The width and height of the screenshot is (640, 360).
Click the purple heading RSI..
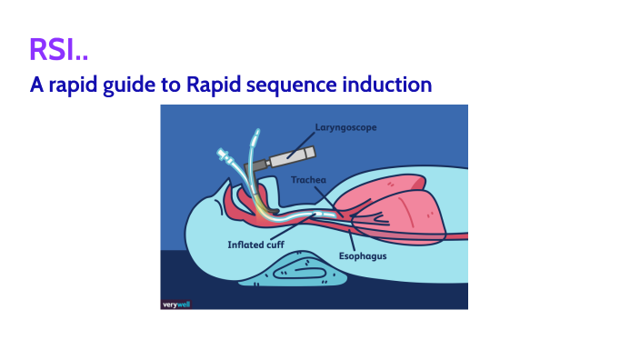[57, 51]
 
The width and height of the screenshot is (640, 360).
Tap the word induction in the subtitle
[391, 85]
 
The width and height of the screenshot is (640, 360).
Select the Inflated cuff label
[257, 245]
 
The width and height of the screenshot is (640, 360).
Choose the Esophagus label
[364, 256]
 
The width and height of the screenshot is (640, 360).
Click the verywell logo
[177, 303]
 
